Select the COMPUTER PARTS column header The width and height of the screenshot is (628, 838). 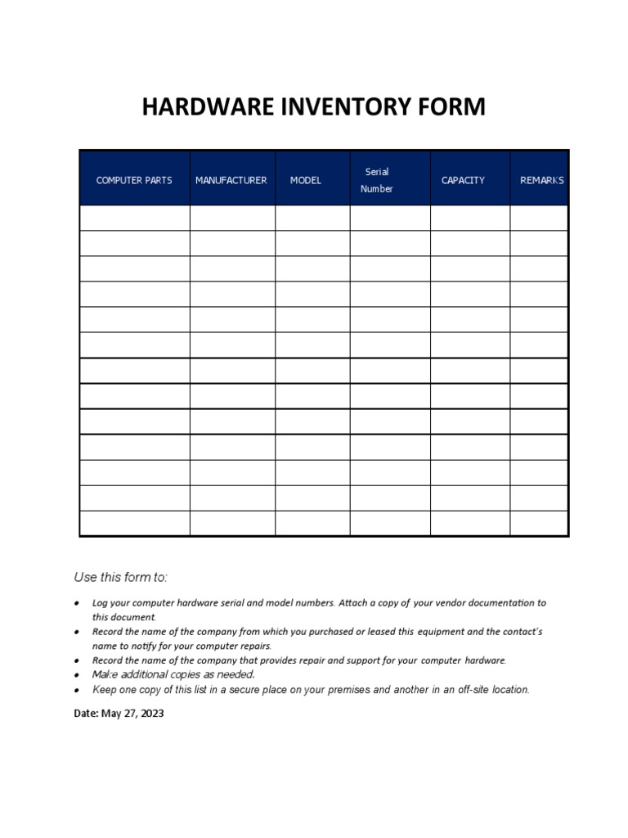click(134, 180)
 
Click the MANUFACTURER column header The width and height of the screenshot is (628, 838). click(231, 180)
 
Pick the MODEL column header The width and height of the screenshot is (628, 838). click(305, 180)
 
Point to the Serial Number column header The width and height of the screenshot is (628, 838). click(377, 180)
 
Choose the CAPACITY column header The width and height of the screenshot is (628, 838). click(463, 180)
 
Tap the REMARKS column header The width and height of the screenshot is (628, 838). click(541, 180)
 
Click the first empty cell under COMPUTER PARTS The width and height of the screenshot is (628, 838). click(134, 218)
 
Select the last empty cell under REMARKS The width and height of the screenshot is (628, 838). click(539, 523)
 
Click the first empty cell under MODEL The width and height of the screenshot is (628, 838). click(312, 218)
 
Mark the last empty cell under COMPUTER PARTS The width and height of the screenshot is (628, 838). click(134, 523)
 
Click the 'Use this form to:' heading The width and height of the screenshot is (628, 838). click(121, 577)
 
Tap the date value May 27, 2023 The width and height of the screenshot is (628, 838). click(132, 713)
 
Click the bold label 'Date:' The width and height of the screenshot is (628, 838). click(87, 713)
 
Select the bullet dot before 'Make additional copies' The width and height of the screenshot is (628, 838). click(76, 675)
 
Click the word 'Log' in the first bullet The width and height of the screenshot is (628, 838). click(101, 602)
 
